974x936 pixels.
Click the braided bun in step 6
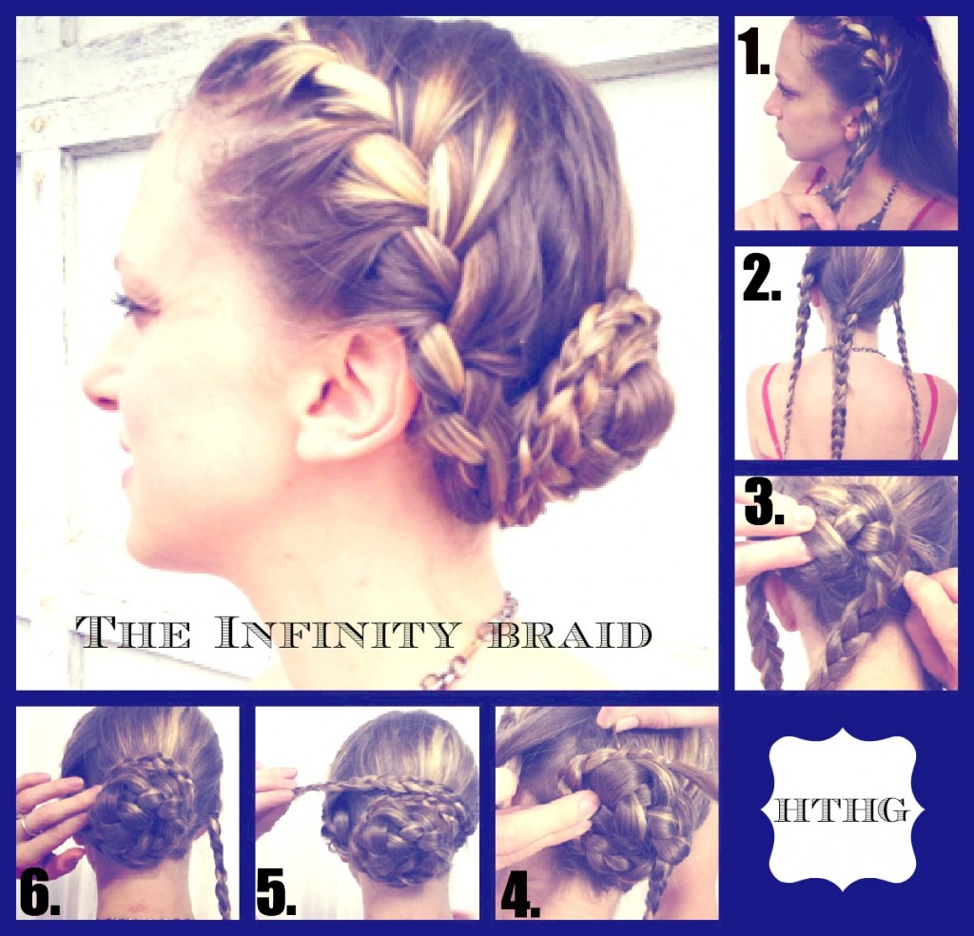tap(143, 809)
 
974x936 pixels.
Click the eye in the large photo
tap(127, 304)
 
